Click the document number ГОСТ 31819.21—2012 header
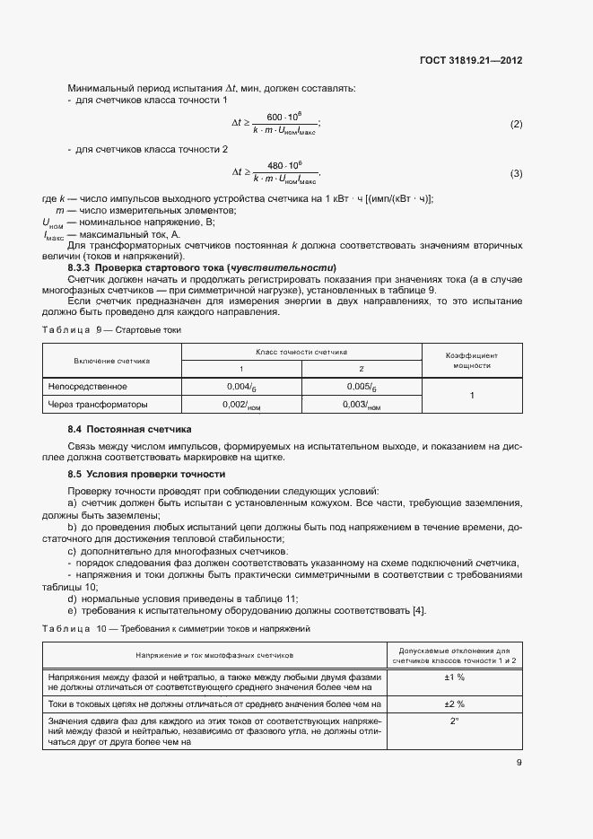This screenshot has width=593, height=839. click(x=470, y=61)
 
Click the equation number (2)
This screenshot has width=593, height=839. click(x=516, y=124)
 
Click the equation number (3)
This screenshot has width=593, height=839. click(x=516, y=173)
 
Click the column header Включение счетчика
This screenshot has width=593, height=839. click(x=111, y=361)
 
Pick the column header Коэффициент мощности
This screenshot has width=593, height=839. click(x=472, y=361)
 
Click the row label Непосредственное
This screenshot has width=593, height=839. click(x=88, y=387)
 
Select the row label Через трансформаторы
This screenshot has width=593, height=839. click(x=98, y=406)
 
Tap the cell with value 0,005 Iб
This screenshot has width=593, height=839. click(x=361, y=387)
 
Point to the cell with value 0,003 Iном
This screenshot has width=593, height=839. click(x=361, y=406)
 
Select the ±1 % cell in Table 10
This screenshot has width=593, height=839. click(x=454, y=677)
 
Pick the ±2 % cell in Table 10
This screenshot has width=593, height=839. click(x=454, y=704)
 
